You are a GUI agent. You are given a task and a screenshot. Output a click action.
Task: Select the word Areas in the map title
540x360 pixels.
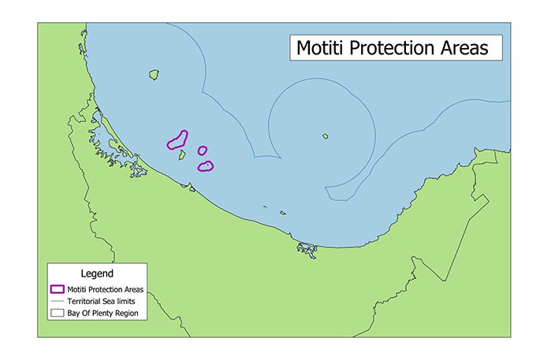point(460,48)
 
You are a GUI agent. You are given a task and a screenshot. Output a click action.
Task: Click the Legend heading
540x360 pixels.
point(98,273)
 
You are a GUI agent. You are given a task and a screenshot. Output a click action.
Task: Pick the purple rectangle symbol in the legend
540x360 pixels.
point(57,289)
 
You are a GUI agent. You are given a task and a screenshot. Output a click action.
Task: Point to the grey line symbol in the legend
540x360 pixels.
point(57,301)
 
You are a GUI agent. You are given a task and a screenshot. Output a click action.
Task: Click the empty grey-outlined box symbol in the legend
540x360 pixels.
point(57,313)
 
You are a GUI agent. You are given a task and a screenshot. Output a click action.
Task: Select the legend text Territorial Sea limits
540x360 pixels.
point(104,301)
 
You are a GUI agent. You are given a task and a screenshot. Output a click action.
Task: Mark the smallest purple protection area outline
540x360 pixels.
point(203,150)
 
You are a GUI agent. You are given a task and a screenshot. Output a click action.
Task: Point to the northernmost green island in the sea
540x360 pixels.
point(155,76)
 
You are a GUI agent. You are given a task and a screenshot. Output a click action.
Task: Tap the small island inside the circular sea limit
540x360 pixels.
point(325,136)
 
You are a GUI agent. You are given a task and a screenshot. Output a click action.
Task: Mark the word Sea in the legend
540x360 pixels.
point(109,301)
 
